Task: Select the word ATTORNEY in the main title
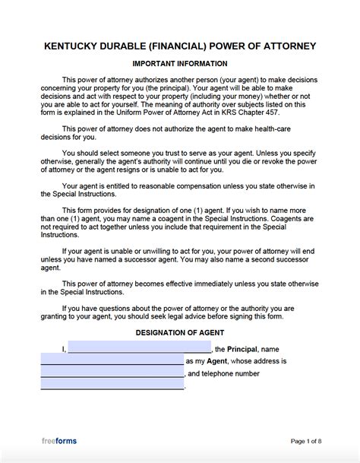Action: pos(288,46)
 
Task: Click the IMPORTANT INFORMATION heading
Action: pos(180,63)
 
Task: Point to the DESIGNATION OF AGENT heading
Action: pos(180,333)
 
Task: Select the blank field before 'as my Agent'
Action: pos(112,361)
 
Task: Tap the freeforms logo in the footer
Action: pos(58,441)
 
